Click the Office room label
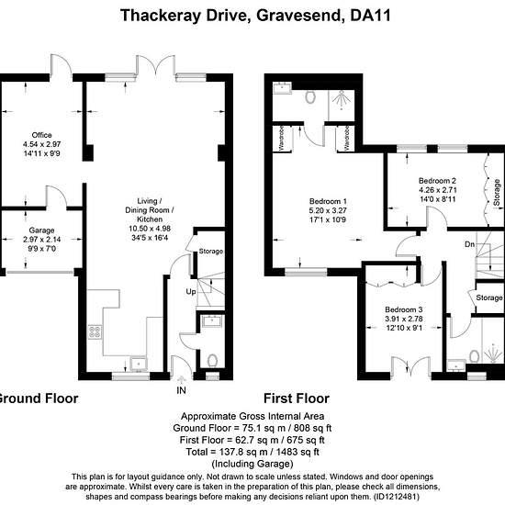[x=42, y=135]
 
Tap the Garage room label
[x=41, y=230]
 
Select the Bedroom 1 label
[x=328, y=201]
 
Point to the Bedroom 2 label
[x=437, y=181]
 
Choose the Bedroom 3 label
[x=404, y=309]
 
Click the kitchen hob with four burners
[x=95, y=331]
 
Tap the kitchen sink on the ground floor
[x=139, y=364]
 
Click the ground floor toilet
[x=212, y=361]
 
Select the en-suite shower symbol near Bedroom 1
[x=341, y=98]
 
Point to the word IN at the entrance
[x=181, y=390]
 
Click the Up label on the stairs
[x=191, y=292]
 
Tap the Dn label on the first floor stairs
[x=469, y=244]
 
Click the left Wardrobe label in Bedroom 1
[x=282, y=138]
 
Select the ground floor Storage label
[x=211, y=252]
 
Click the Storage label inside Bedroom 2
[x=497, y=193]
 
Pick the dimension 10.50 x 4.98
[x=150, y=229]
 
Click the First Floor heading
[x=297, y=398]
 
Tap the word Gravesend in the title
[x=298, y=16]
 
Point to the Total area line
[x=252, y=452]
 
